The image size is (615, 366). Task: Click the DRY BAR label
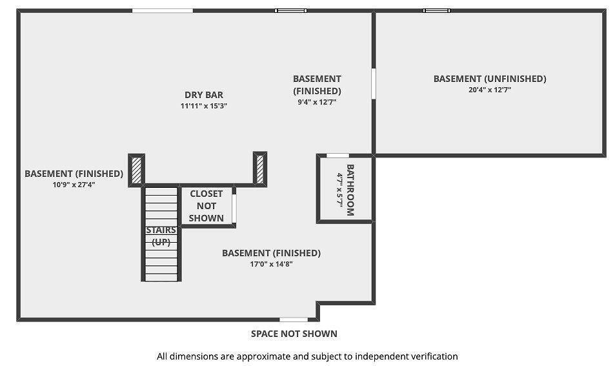204,95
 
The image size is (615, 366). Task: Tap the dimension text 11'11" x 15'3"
204,106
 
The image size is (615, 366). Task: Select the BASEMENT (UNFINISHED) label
490,79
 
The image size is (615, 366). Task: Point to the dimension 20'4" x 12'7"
490,90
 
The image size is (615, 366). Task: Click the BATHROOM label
350,190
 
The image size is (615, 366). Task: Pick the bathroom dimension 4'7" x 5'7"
339,190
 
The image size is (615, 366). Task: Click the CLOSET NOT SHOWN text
207,206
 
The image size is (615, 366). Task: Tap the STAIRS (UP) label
161,236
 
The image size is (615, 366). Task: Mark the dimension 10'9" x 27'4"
74,185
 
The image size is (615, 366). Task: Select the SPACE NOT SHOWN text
294,334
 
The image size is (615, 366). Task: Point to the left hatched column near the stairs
137,170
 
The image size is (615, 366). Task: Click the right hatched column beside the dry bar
259,169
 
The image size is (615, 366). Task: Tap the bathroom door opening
338,156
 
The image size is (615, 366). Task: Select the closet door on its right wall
234,208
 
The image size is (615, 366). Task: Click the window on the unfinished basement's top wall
436,10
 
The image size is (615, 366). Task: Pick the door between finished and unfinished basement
374,83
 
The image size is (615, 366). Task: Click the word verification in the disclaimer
434,356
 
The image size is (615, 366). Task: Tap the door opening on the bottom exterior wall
294,320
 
